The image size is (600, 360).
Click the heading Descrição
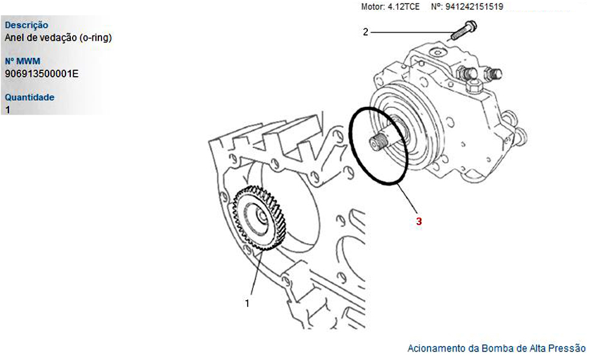click(26, 25)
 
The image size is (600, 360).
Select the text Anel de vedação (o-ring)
click(58, 37)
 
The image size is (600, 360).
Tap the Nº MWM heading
click(22, 61)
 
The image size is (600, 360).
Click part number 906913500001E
click(42, 73)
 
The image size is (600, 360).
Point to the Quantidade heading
click(29, 97)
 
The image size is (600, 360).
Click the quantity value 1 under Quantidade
click(8, 110)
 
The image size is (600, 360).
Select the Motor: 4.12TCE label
click(391, 7)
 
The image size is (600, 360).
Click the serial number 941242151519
click(474, 7)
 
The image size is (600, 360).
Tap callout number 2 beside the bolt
click(365, 32)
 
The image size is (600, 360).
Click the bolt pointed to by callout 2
click(463, 30)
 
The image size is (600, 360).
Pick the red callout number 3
click(419, 221)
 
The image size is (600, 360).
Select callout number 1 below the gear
click(247, 303)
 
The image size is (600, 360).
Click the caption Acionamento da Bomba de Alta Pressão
click(496, 348)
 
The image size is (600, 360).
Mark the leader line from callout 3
click(407, 197)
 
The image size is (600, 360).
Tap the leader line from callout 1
click(256, 272)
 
